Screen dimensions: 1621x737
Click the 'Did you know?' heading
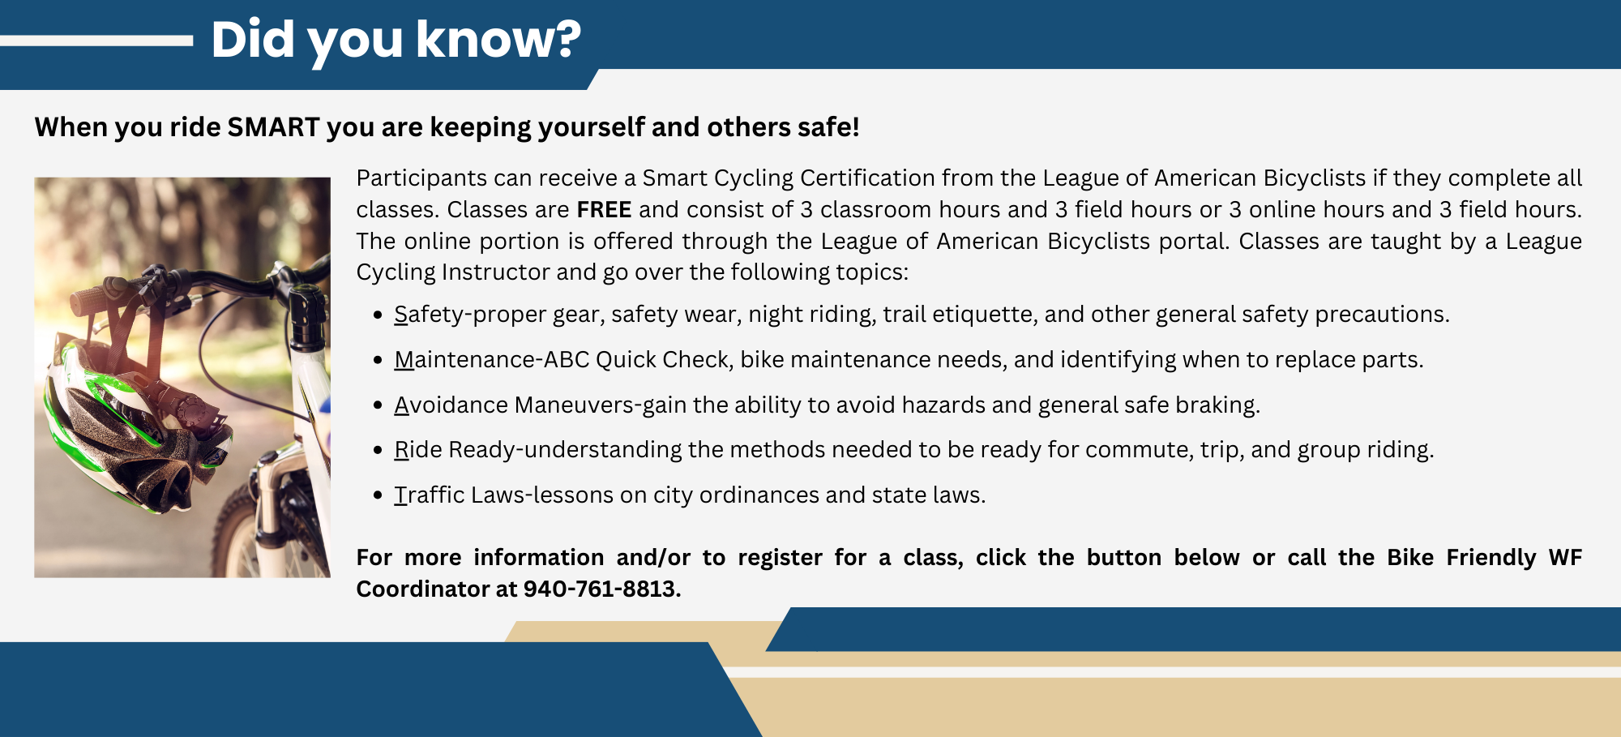[x=396, y=40]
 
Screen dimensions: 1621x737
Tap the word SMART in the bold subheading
[x=274, y=127]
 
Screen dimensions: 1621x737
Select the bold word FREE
[x=604, y=209]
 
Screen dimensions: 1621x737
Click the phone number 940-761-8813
[x=600, y=589]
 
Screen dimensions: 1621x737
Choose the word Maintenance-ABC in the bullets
[x=491, y=359]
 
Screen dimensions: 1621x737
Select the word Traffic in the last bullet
[x=430, y=495]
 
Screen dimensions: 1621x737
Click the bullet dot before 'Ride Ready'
[x=378, y=450]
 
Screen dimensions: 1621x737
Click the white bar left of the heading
[x=96, y=41]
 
